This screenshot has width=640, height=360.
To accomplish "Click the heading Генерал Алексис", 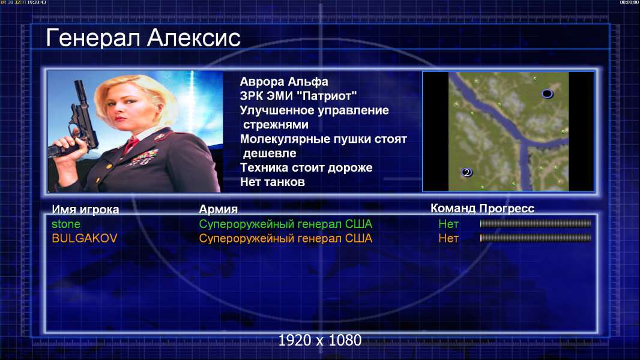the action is coord(143,38).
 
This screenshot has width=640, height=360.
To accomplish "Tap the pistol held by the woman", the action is coord(77,122).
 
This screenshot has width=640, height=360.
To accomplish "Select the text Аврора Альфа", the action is coord(283,82).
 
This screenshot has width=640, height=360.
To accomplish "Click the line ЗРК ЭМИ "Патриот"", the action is coord(298,96).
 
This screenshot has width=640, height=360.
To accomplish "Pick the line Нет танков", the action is coord(272,182).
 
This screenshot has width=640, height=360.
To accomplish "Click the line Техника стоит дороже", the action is coord(306,167).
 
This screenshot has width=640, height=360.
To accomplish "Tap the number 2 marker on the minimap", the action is coord(467,172).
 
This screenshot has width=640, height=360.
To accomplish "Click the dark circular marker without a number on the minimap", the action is coord(547,94).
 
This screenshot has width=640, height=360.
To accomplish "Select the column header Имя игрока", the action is coord(85,209).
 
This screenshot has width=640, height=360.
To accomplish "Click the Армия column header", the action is coord(219,209).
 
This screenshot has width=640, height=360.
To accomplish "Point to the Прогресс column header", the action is coord(507,209).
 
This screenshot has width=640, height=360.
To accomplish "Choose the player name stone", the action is coord(65,224).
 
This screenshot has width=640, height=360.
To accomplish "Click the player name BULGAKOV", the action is coord(85,238).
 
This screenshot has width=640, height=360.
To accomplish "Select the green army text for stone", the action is coord(285,224).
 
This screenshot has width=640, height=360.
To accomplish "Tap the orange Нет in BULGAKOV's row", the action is coord(448,238).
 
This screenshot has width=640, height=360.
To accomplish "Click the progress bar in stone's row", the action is coord(536,223).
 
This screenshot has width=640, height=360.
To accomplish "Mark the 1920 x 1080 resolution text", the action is coord(320,340).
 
